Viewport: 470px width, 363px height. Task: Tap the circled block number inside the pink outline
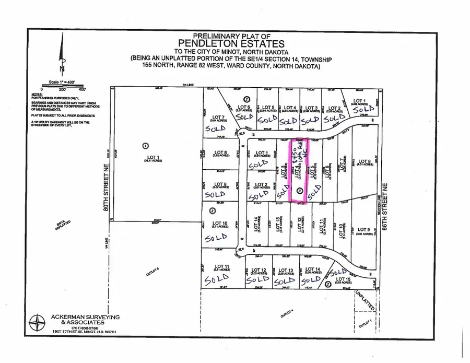click(299, 191)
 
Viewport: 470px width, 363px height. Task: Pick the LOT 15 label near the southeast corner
click(342, 280)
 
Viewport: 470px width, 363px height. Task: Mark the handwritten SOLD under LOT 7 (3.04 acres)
click(215, 128)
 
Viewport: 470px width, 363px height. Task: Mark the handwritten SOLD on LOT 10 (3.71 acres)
click(215, 238)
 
